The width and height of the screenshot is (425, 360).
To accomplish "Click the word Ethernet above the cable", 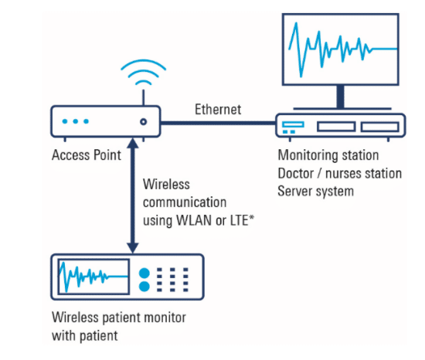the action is [x=218, y=110].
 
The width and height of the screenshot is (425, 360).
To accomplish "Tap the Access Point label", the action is [x=87, y=155].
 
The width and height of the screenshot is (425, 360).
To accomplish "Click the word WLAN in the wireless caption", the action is [x=194, y=220].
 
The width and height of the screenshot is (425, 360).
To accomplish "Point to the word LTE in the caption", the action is [x=239, y=220].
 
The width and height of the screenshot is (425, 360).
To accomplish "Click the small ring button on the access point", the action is [x=144, y=122].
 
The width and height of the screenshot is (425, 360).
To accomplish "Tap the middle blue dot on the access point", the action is [x=76, y=121].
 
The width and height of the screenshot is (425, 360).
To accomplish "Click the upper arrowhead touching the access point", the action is [x=133, y=143].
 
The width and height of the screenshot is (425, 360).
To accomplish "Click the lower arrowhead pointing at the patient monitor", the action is [x=133, y=248].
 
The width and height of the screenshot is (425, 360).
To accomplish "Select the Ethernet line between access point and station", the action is [x=218, y=124].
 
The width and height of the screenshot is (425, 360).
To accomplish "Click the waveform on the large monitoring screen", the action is [x=343, y=49].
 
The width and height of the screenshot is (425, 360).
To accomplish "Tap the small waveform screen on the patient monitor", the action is [x=93, y=277].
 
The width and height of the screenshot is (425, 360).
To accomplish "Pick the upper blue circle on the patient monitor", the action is [x=144, y=273].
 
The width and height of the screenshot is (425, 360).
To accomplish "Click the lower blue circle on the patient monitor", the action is [x=144, y=287].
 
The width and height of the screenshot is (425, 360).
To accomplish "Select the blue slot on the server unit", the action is [x=293, y=124].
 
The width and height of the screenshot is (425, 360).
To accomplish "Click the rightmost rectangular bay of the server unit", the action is [x=380, y=127].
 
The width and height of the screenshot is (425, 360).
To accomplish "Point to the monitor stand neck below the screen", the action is [x=341, y=97].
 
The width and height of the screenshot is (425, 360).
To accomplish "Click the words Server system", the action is [x=316, y=192].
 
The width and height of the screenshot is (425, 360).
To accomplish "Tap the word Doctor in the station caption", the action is [x=296, y=173].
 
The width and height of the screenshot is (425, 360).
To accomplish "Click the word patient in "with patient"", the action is [x=99, y=336].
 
